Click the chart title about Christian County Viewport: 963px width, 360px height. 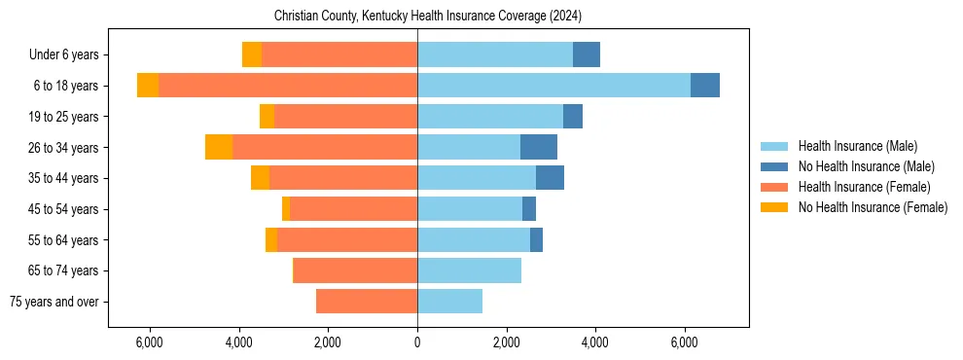click(x=427, y=16)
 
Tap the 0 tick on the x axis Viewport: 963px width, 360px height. click(x=417, y=342)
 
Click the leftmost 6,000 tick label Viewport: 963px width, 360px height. click(x=149, y=342)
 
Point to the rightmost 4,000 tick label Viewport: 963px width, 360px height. click(x=594, y=342)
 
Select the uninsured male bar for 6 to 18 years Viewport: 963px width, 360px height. click(x=705, y=86)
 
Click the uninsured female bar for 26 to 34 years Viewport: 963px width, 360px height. click(x=219, y=147)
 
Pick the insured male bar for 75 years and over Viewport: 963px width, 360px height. click(x=449, y=302)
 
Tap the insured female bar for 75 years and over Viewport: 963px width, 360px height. click(x=367, y=302)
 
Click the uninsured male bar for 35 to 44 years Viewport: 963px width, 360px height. click(x=550, y=178)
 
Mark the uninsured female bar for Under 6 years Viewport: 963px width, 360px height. click(x=252, y=55)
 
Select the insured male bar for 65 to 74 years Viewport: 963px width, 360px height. click(x=469, y=270)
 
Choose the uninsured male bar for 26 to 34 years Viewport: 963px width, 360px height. click(x=539, y=147)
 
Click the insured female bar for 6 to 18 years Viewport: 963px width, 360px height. click(x=288, y=86)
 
